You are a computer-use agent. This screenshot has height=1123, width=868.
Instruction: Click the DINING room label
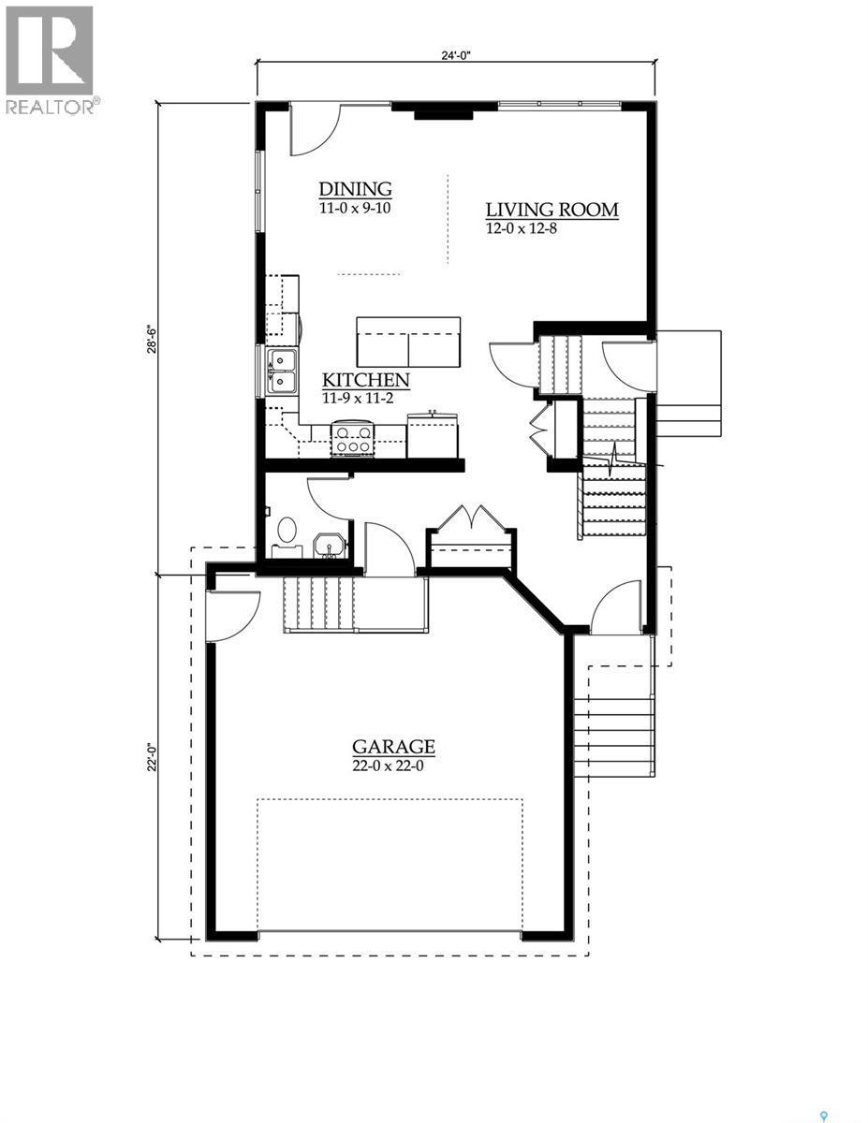click(354, 190)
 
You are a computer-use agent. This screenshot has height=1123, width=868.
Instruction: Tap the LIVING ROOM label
click(552, 210)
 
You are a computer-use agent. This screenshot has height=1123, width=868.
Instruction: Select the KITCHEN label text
click(366, 380)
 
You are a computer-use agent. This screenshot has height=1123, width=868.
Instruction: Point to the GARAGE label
click(393, 746)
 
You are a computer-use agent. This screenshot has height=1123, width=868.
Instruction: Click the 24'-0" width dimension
click(456, 54)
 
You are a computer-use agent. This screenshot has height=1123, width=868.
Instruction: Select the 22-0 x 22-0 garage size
click(393, 765)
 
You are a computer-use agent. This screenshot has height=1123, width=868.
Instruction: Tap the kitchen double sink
click(281, 371)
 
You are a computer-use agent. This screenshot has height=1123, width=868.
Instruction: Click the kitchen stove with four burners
click(353, 439)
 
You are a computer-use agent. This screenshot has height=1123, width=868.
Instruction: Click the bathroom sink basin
click(328, 546)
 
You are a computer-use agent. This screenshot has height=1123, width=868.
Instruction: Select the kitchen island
click(409, 342)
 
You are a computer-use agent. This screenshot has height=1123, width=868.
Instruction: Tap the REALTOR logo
click(51, 60)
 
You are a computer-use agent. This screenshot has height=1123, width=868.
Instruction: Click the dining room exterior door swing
click(314, 129)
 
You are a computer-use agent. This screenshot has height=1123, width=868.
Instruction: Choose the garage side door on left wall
click(230, 613)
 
